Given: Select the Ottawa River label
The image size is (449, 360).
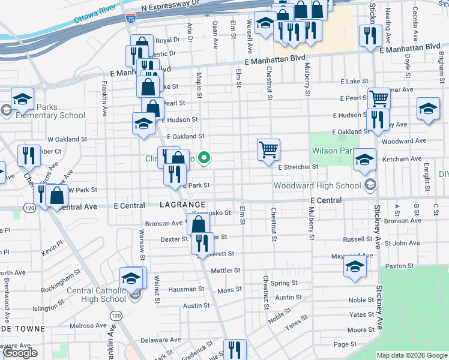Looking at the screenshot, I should pos(94,14).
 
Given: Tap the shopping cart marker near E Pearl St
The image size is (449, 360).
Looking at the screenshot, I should pos(378,98).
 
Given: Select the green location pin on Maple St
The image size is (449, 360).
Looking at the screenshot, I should pos(204,158).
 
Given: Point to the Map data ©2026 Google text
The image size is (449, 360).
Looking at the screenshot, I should pos(412,355).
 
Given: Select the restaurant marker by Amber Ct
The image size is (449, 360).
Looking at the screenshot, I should pos(29,155).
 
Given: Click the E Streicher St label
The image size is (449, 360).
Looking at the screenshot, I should pos(298,167).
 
